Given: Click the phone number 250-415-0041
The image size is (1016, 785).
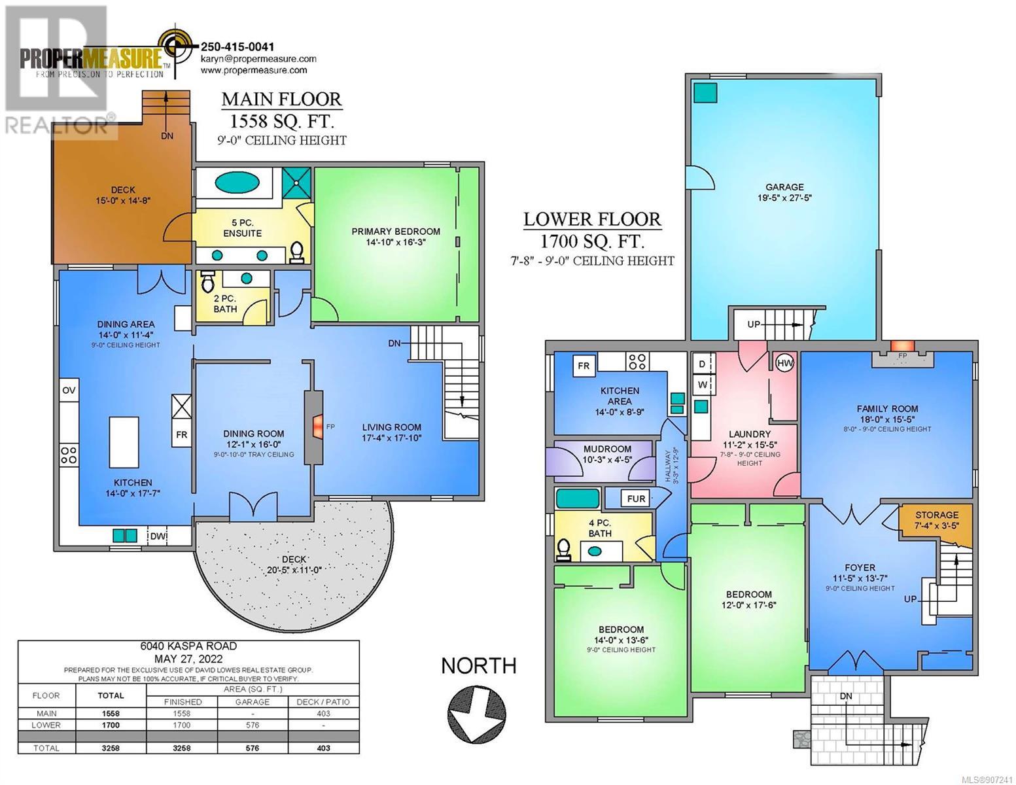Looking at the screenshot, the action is (x=237, y=46).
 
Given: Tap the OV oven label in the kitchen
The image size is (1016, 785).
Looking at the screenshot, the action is (x=69, y=391).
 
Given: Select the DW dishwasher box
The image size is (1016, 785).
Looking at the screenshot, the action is (x=158, y=536).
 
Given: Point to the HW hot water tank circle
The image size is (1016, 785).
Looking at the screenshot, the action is (x=784, y=363).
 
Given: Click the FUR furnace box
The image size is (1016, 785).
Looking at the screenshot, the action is (x=636, y=499).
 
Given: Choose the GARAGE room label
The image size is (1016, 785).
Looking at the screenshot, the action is (x=784, y=187).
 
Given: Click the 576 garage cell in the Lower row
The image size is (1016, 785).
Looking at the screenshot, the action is (x=252, y=725).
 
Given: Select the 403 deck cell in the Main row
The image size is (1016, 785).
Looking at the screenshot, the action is (x=323, y=714).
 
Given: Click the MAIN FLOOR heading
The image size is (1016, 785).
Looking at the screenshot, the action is (x=281, y=99).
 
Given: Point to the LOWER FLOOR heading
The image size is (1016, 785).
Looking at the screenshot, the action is (x=592, y=219).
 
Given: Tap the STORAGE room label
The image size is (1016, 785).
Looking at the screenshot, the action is (x=937, y=515).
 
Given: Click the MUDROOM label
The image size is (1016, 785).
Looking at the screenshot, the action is (x=607, y=449).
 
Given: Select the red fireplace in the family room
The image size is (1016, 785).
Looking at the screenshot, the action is (x=902, y=346).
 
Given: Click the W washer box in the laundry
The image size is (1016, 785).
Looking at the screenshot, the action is (x=703, y=385).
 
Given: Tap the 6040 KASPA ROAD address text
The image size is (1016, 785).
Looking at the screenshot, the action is (x=188, y=646).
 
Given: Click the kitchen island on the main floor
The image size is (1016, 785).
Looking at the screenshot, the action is (x=124, y=442).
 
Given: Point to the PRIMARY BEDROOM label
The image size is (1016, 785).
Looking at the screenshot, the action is (x=396, y=232).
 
